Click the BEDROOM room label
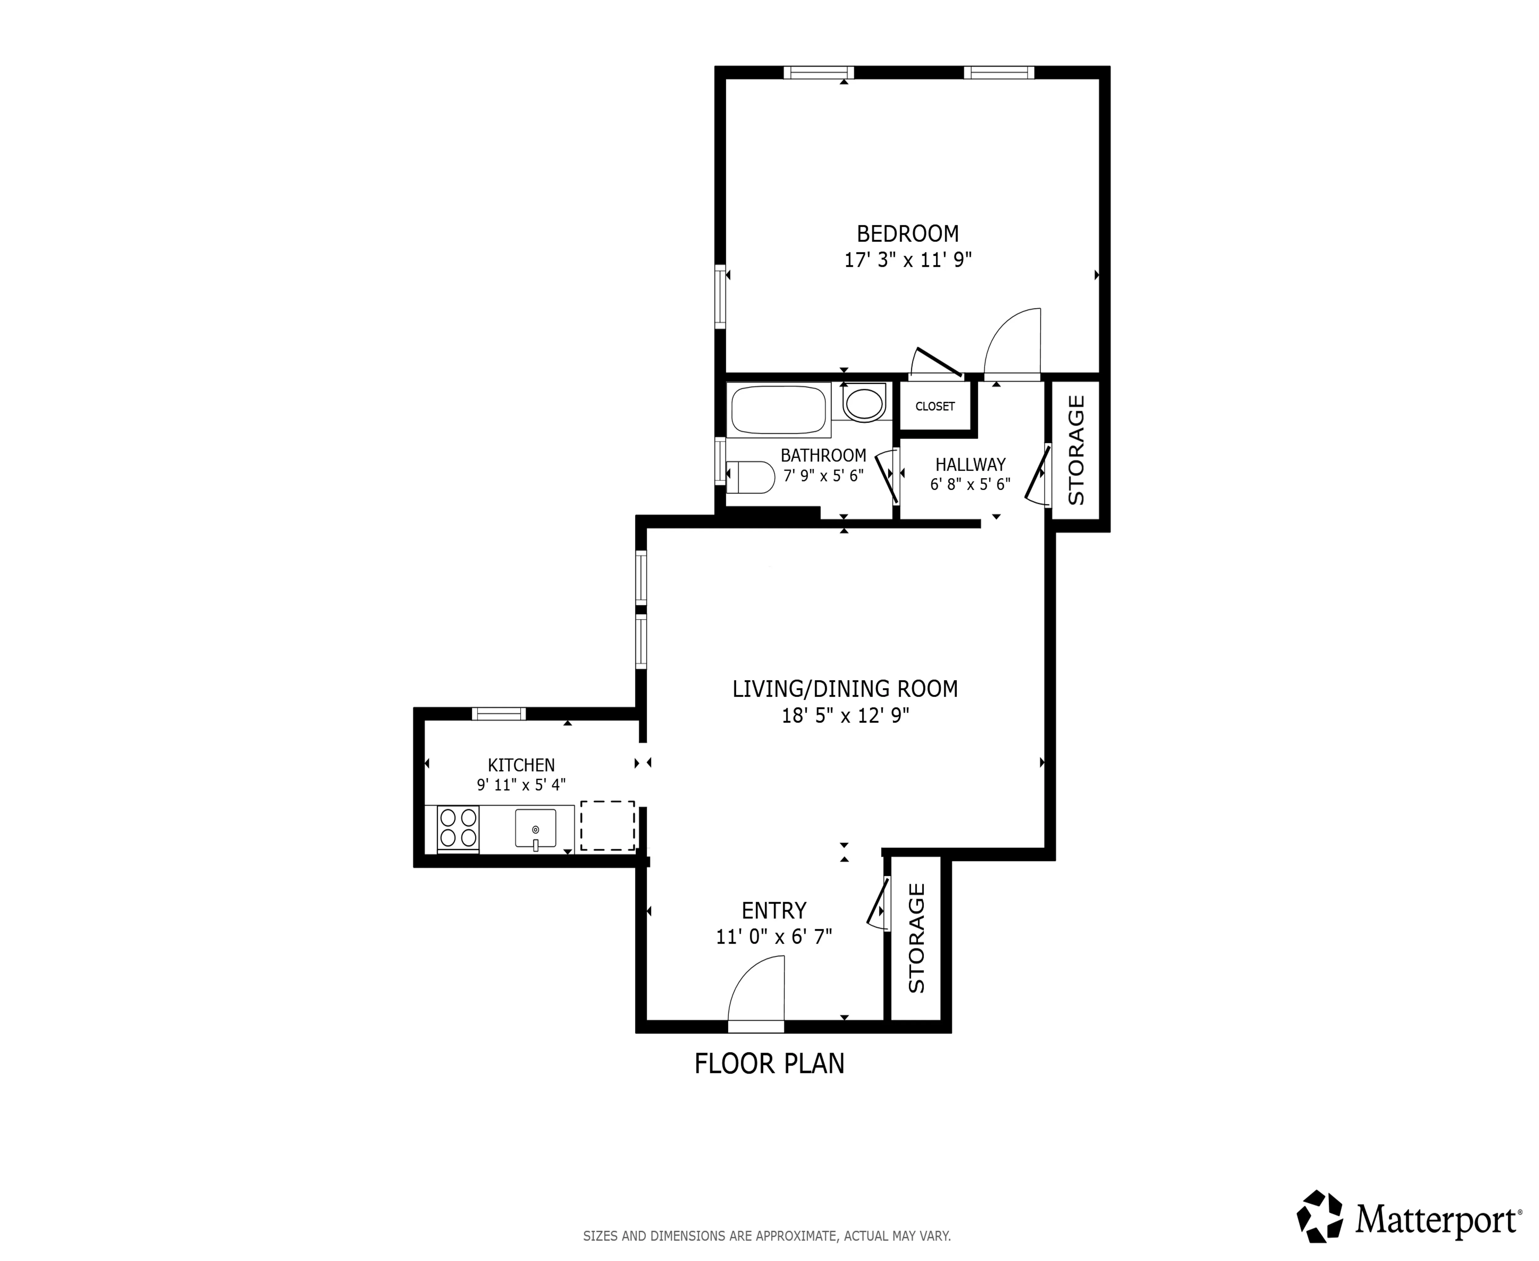click(x=907, y=234)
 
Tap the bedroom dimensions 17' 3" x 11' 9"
click(x=907, y=260)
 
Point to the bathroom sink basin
click(x=864, y=404)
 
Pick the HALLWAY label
click(x=970, y=464)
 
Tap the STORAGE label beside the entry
click(x=917, y=938)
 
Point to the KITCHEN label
click(x=521, y=765)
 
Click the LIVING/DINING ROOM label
click(x=845, y=689)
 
